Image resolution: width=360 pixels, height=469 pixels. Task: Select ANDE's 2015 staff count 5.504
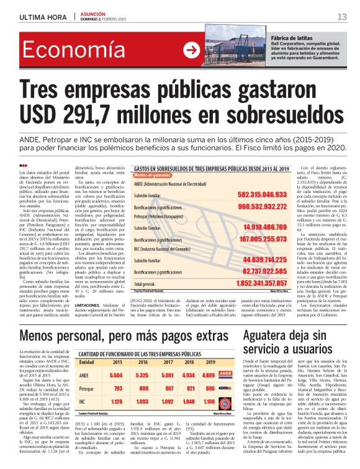[116, 376]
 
